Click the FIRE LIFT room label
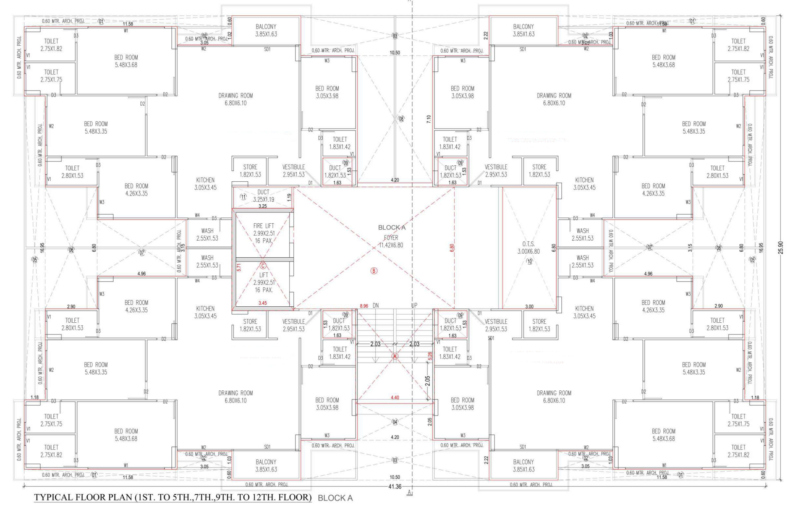click(x=263, y=226)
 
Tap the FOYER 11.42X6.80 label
click(x=391, y=241)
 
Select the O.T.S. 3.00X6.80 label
click(x=528, y=248)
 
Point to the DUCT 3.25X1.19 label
click(x=263, y=196)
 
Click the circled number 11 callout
click(x=243, y=197)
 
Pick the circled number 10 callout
click(x=529, y=261)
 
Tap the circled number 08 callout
click(x=401, y=119)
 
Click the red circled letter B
click(x=374, y=271)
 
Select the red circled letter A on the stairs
click(x=395, y=356)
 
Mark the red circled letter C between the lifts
click(x=263, y=265)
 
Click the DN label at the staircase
click(x=376, y=305)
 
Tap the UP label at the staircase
click(x=414, y=305)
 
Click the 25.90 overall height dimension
click(x=781, y=247)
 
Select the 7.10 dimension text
click(x=429, y=119)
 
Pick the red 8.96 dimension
click(x=364, y=306)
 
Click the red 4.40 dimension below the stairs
click(x=395, y=398)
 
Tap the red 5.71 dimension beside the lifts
click(x=238, y=267)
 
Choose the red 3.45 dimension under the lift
click(x=262, y=303)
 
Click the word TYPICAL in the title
click(x=54, y=498)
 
